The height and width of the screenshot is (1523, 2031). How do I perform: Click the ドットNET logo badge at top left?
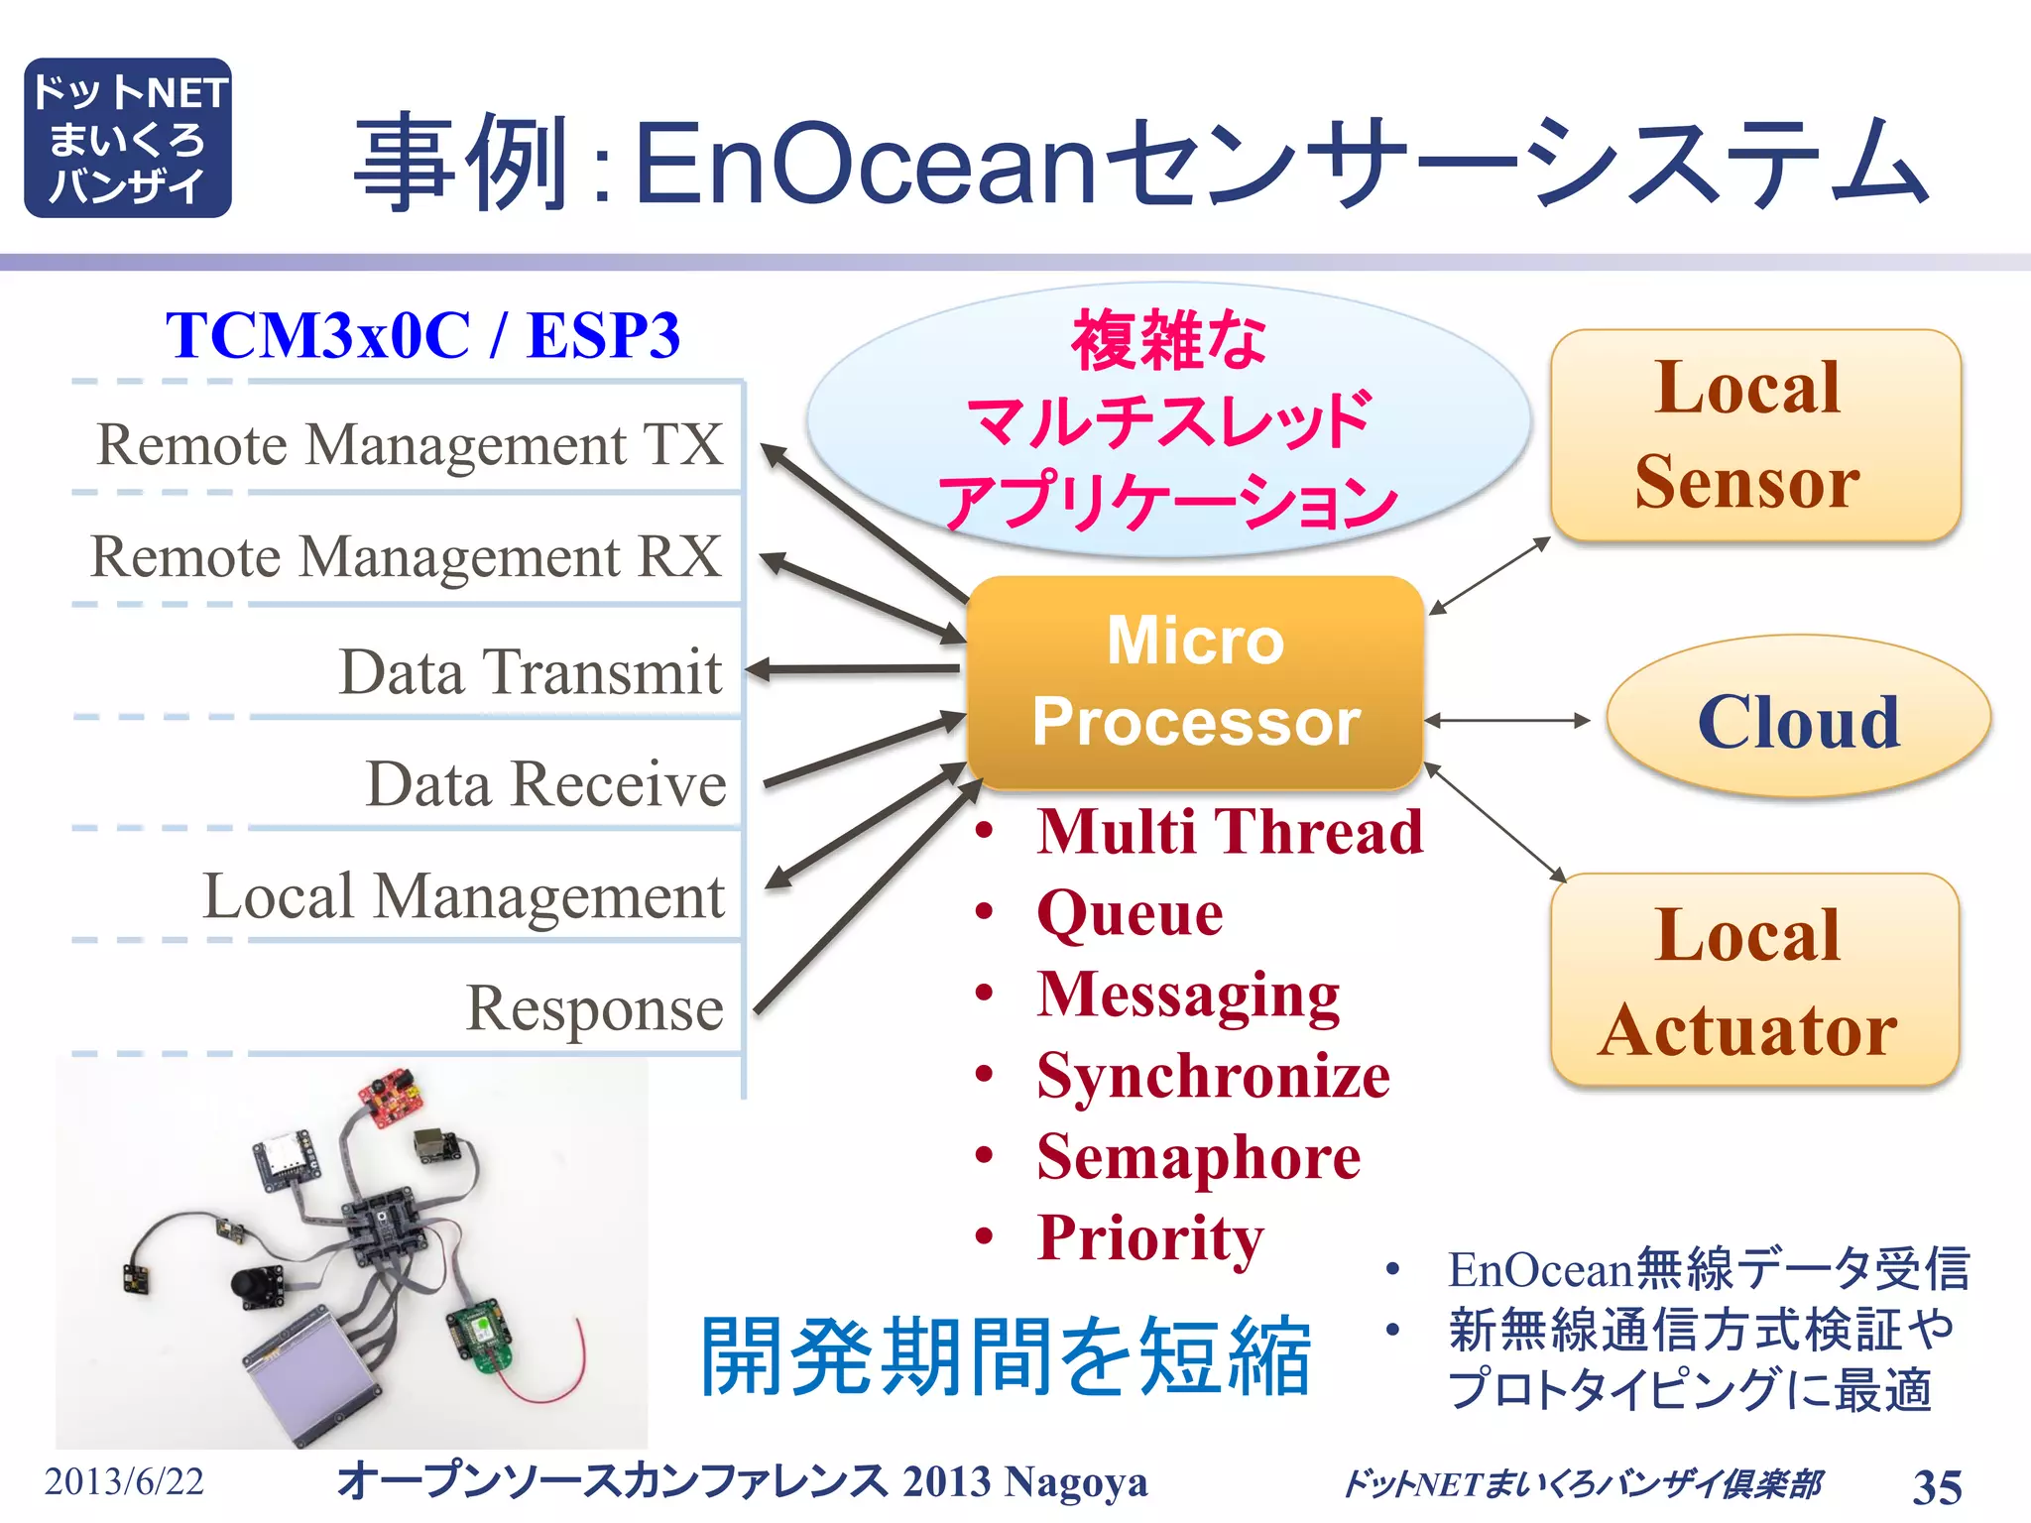127,138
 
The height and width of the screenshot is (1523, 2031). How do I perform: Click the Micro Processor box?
1195,682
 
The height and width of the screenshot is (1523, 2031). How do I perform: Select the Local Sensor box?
1755,435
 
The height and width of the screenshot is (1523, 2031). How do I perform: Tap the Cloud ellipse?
1797,719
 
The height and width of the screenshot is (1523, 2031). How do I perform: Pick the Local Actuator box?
1753,981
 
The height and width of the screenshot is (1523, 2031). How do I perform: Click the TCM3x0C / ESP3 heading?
423,335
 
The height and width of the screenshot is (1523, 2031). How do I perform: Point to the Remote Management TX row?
409,443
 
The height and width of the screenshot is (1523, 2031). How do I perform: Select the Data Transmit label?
531,671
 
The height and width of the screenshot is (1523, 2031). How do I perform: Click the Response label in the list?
595,1008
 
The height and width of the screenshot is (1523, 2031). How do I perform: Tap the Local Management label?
463,896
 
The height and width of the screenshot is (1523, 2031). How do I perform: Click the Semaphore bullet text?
1198,1157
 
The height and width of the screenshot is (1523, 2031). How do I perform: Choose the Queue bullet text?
1130,912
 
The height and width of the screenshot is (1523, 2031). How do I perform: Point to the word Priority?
1150,1238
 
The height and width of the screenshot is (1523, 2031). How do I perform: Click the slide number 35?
1936,1486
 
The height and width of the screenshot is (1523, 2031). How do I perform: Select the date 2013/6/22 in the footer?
124,1481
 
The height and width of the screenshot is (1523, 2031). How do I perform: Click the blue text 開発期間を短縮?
1006,1356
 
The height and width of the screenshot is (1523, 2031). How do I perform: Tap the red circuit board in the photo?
392,1097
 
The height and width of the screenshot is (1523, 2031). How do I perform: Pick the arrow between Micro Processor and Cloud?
1507,721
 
